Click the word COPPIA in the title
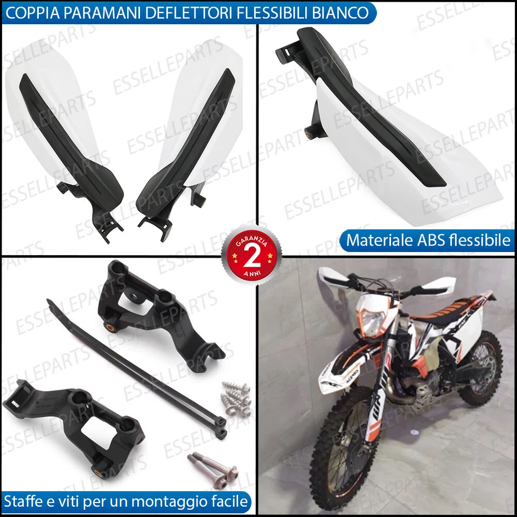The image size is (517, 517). pos(34,12)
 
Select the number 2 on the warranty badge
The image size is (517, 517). pos(251,252)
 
